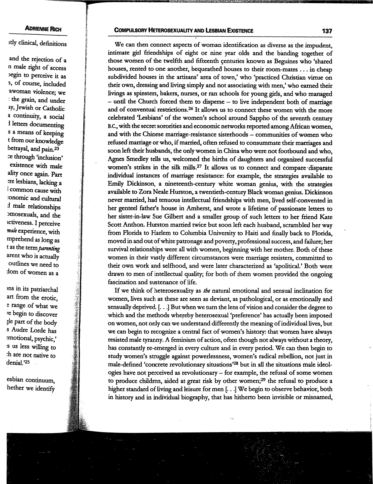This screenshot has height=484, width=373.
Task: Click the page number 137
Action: pyautogui.click(x=326, y=31)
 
